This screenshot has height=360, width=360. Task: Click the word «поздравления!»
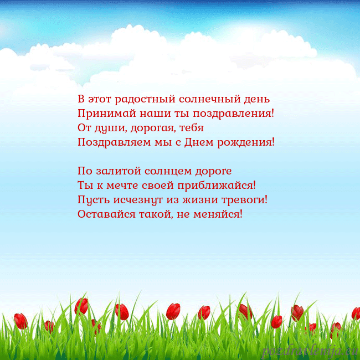point(233,114)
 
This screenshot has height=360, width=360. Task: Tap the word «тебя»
point(192,128)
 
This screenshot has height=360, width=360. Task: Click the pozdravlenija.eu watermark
point(310,351)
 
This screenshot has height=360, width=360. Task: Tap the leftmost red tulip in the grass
point(20,321)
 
